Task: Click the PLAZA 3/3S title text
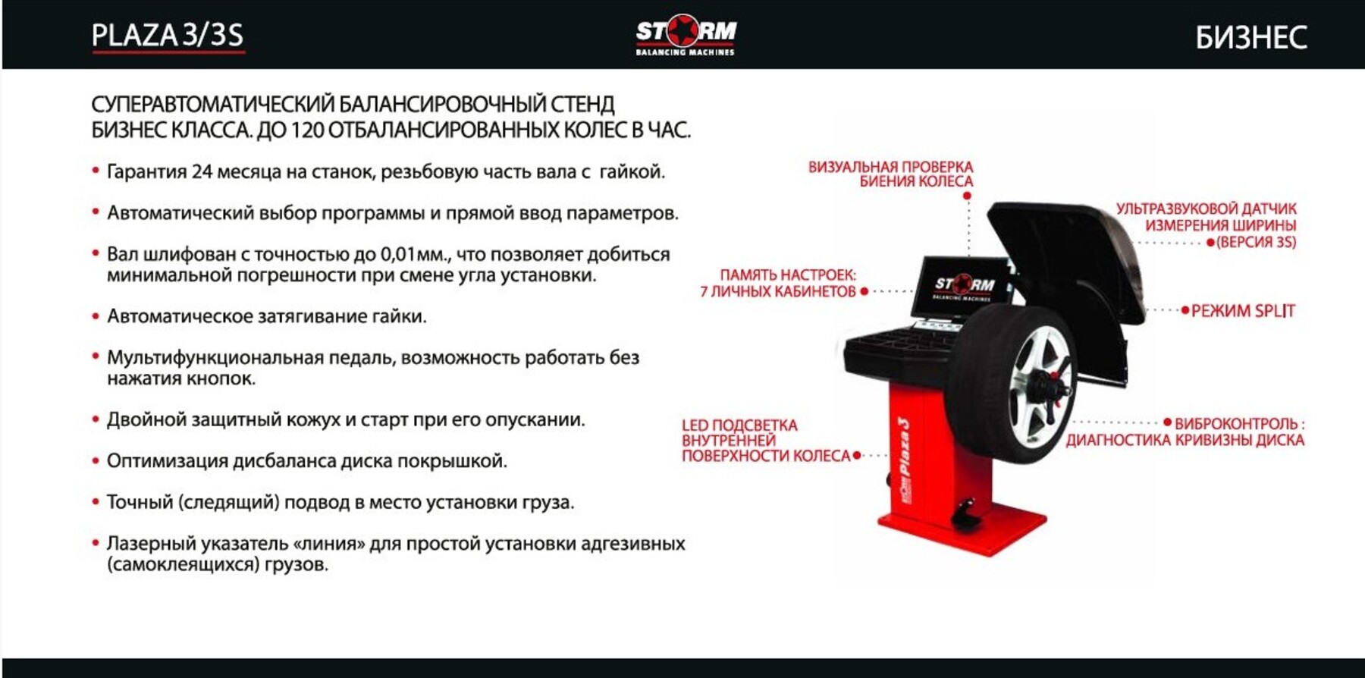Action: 168,36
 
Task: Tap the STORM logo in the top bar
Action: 686,34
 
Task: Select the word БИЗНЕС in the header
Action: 1251,37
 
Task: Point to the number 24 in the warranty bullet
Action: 202,172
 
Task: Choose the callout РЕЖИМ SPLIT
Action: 1243,311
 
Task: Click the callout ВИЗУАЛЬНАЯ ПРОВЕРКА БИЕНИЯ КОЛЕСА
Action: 890,174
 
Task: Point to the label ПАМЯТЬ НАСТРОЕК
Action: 788,275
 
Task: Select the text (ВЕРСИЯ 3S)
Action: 1256,243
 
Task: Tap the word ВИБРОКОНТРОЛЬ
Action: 1236,424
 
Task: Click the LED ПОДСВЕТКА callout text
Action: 739,425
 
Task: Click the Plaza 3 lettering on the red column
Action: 904,448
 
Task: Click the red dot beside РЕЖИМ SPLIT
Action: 1185,310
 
